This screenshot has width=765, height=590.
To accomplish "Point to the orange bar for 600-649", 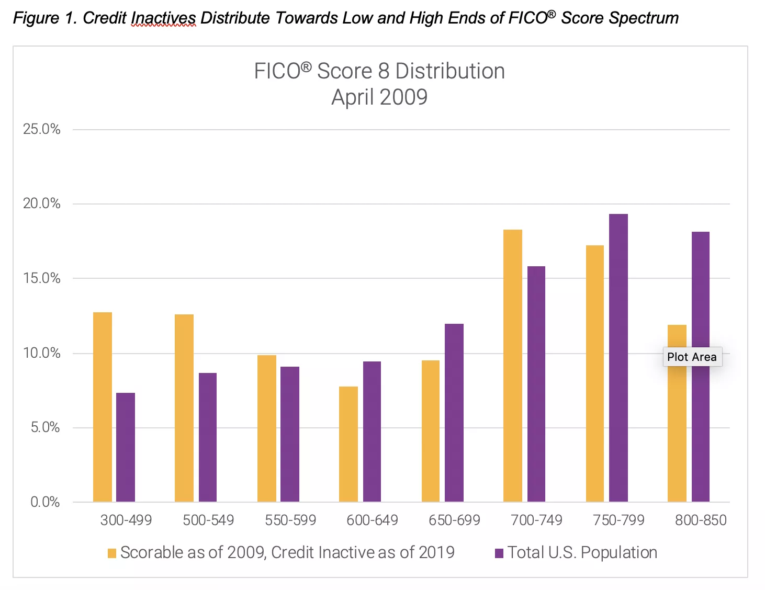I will (x=348, y=444).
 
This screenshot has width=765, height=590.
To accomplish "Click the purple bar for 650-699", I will (x=454, y=413).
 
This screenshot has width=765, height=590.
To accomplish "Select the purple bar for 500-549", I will (x=208, y=437).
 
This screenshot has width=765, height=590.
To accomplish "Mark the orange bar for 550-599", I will (x=267, y=428).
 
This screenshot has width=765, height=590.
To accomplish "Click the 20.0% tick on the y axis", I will (x=42, y=203).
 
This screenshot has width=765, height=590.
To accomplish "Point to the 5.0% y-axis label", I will (x=45, y=427).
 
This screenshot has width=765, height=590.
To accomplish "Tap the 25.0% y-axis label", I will (x=42, y=129).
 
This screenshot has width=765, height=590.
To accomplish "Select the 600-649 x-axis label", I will (x=372, y=520).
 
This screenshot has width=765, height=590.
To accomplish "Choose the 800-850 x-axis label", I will (x=701, y=520).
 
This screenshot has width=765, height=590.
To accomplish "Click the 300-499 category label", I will (x=126, y=520).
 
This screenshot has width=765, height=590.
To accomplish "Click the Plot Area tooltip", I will (x=692, y=357).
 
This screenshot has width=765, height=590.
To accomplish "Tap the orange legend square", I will (x=112, y=553).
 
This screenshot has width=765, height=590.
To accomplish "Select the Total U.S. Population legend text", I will (x=582, y=552).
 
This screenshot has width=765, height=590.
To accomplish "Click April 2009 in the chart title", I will (x=379, y=97).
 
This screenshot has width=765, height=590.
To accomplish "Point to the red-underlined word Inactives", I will (x=163, y=18).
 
